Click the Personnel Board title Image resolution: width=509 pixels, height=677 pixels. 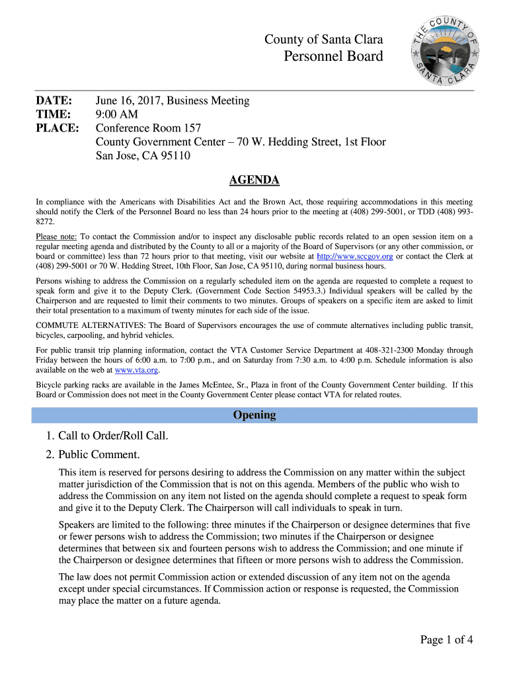pyautogui.click(x=333, y=56)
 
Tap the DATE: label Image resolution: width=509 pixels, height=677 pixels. pyautogui.click(x=54, y=100)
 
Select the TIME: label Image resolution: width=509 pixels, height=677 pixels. pyautogui.click(x=54, y=114)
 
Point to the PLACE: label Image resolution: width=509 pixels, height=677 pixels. pyautogui.click(x=57, y=128)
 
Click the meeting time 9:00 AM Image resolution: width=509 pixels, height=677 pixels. pyautogui.click(x=117, y=114)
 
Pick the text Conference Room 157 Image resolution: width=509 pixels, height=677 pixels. pyautogui.click(x=148, y=128)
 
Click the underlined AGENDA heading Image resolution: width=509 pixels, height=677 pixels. pyautogui.click(x=254, y=180)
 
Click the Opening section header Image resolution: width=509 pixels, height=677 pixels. pyautogui.click(x=255, y=415)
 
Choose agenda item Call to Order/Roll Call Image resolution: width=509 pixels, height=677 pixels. pyautogui.click(x=113, y=436)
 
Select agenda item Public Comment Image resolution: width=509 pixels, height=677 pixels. pyautogui.click(x=99, y=455)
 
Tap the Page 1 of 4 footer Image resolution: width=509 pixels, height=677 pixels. pyautogui.click(x=446, y=639)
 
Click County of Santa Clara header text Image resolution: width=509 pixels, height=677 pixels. pyautogui.click(x=323, y=40)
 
